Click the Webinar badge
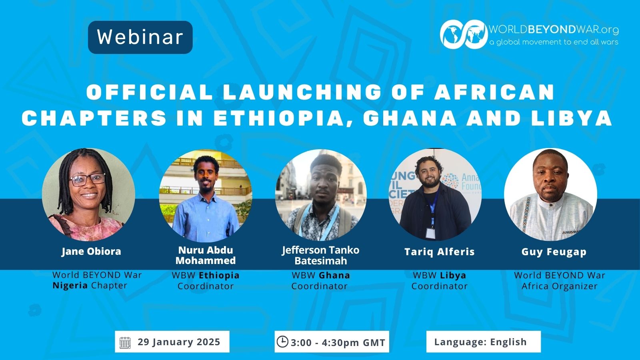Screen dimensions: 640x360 point(140,37)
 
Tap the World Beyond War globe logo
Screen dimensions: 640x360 point(464,34)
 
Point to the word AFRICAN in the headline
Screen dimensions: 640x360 point(494,92)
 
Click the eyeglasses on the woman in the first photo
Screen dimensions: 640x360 point(87,180)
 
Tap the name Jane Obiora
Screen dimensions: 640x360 point(91,252)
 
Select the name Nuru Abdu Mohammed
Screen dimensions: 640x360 point(206,255)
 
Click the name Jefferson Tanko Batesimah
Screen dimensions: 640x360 point(320,255)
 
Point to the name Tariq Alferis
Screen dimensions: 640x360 point(440,252)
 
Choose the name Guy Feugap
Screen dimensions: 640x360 point(554,252)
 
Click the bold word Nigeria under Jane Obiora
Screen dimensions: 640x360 point(70,286)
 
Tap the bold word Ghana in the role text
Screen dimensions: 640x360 point(334,275)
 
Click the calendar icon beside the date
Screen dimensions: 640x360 point(125,342)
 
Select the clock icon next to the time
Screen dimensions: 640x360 point(282,342)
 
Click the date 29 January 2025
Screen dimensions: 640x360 point(179,342)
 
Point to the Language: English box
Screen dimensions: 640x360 point(484,342)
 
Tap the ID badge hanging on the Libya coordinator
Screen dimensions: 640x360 point(430,232)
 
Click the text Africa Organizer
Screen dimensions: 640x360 point(560,286)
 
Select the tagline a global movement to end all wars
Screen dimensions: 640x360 point(554,42)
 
